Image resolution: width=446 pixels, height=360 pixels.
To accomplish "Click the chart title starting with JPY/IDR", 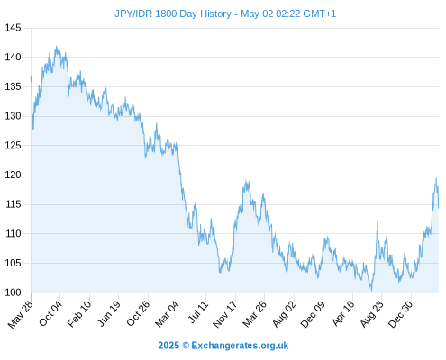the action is pyautogui.click(x=225, y=13).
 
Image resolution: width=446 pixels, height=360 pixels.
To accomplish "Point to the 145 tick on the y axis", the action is pyautogui.click(x=13, y=28).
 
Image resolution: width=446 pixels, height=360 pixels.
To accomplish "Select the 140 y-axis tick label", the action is pyautogui.click(x=13, y=57).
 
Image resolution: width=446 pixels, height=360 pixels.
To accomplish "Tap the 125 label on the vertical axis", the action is pyautogui.click(x=13, y=146).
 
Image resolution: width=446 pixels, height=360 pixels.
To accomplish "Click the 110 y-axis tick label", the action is pyautogui.click(x=13, y=233).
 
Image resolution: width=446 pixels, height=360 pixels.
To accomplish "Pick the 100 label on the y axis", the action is pyautogui.click(x=13, y=292).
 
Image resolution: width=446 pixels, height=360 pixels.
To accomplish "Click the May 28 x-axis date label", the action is pyautogui.click(x=21, y=314).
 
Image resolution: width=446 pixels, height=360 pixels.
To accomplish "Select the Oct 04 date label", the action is pyautogui.click(x=50, y=313).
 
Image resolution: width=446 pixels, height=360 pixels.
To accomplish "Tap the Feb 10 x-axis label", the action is pyautogui.click(x=79, y=314).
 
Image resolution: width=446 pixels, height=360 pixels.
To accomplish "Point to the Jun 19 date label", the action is pyautogui.click(x=109, y=313).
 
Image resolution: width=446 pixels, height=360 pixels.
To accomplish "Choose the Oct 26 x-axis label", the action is pyautogui.click(x=138, y=313).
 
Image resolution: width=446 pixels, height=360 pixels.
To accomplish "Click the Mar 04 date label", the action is pyautogui.click(x=167, y=314).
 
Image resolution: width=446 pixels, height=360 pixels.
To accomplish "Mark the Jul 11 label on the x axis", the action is pyautogui.click(x=198, y=312).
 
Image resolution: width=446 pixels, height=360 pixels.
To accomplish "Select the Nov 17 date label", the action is pyautogui.click(x=225, y=314).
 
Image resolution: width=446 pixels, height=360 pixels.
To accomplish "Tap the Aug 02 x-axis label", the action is pyautogui.click(x=284, y=314).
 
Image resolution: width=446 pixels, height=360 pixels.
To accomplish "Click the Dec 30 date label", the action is pyautogui.click(x=401, y=314).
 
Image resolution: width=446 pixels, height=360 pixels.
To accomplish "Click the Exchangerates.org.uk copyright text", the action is pyautogui.click(x=223, y=346).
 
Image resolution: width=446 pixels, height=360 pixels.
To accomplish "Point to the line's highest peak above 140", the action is pyautogui.click(x=56, y=47).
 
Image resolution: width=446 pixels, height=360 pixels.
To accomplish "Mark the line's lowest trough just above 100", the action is pyautogui.click(x=371, y=290).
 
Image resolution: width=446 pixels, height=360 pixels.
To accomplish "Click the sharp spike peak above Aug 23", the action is pyautogui.click(x=378, y=222).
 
